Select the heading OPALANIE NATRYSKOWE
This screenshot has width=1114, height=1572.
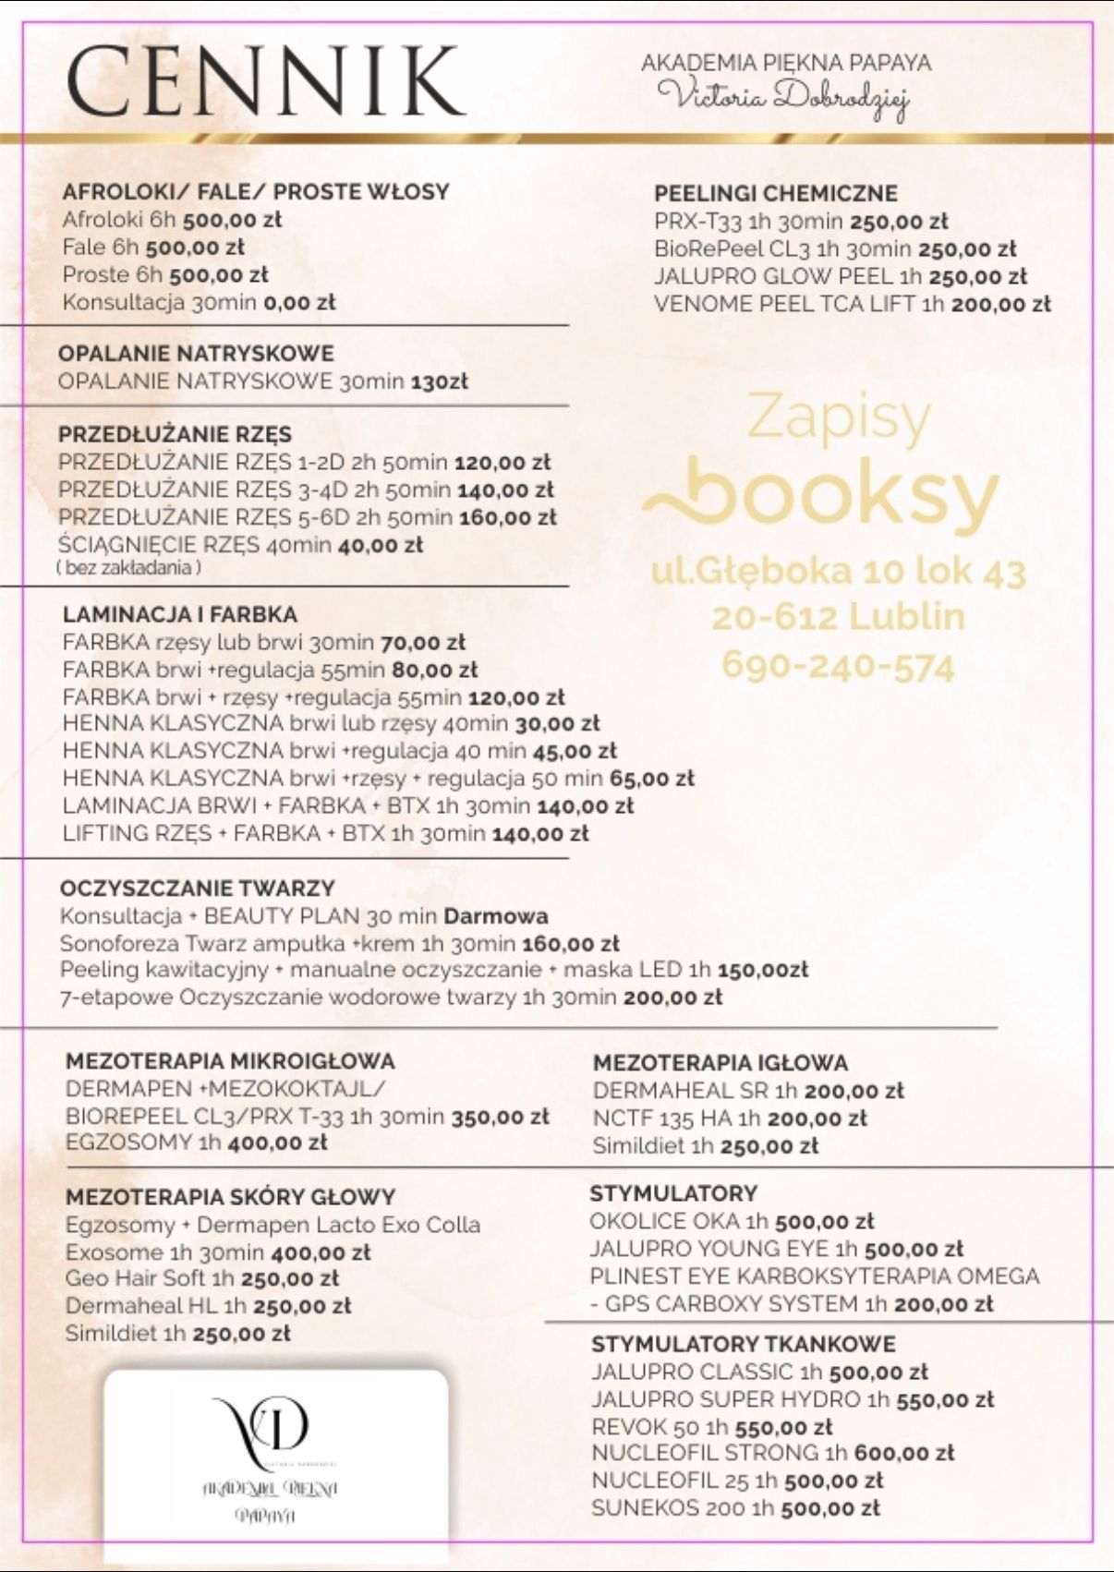click(x=196, y=353)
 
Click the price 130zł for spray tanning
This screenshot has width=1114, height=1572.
click(x=439, y=381)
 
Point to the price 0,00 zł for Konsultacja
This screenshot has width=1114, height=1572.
click(x=299, y=302)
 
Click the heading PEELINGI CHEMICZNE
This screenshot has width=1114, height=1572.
click(x=776, y=193)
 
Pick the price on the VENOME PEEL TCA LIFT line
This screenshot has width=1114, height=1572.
click(x=1000, y=304)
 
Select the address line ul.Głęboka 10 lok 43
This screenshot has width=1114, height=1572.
click(x=838, y=572)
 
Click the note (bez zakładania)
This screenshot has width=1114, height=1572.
click(x=129, y=568)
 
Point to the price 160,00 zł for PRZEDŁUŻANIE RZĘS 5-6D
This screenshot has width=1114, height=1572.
click(x=507, y=517)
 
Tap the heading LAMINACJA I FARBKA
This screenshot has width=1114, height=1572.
click(x=180, y=614)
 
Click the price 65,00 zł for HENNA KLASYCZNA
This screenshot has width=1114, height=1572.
click(x=652, y=778)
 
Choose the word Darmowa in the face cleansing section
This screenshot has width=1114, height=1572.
click(x=496, y=916)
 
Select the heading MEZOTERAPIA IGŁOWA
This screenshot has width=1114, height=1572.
click(x=720, y=1063)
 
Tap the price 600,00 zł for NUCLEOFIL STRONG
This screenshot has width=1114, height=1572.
click(x=903, y=1453)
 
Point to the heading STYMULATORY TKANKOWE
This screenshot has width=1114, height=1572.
click(x=744, y=1344)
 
